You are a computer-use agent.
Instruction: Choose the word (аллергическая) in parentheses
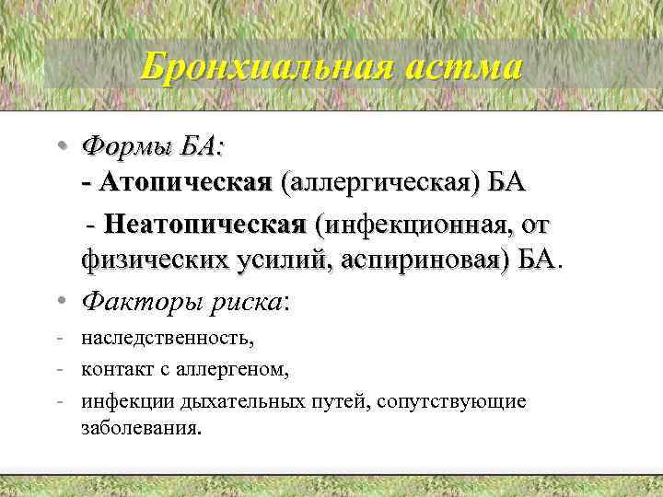pos(386,183)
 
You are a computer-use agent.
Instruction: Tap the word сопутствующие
pos(460,402)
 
